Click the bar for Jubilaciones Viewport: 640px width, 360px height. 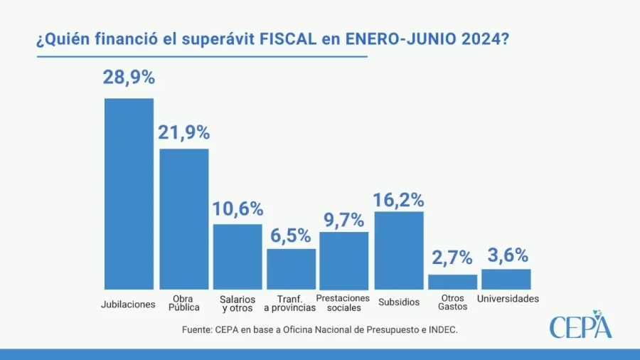129,194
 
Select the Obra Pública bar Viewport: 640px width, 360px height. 183,218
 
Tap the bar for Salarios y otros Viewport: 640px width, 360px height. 238,256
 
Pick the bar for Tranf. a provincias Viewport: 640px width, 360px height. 291,268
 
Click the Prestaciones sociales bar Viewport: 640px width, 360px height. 344,260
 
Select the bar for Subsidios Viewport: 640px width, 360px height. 399,250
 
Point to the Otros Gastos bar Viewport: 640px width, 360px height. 452,282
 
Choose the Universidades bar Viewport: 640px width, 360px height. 506,279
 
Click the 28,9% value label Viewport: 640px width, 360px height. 129,78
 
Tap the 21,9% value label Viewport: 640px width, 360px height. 183,132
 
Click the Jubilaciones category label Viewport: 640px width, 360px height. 129,304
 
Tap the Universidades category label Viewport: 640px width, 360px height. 508,299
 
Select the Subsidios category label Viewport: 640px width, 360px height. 399,302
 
